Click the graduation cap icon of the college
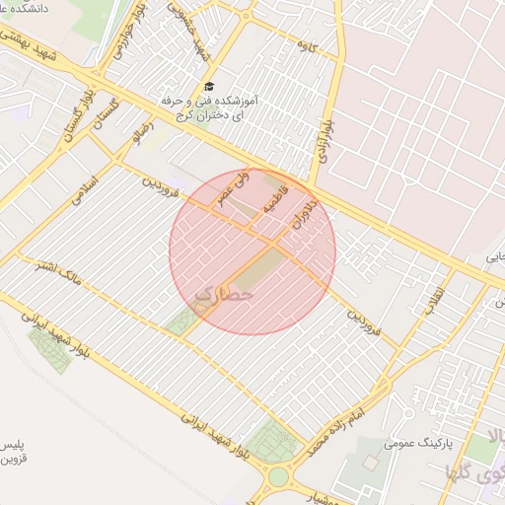(x=207, y=87)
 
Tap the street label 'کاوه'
(x=306, y=45)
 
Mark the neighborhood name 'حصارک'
(x=224, y=294)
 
